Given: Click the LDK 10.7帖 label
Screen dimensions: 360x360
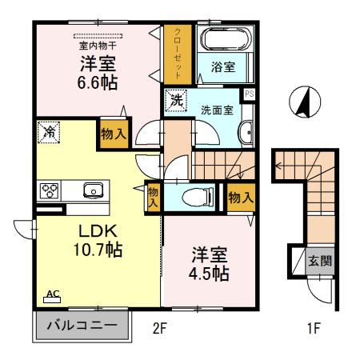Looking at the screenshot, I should point(78,238).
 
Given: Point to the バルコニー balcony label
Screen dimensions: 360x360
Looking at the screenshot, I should point(81,326).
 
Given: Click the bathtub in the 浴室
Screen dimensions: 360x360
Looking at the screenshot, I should point(224,40).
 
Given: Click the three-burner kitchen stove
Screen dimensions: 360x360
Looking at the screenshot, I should point(50,190).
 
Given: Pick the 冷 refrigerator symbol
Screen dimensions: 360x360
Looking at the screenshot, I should point(49,130).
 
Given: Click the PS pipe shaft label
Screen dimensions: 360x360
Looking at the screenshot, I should point(250,94).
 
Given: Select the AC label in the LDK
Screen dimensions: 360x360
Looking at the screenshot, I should point(52,295).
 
